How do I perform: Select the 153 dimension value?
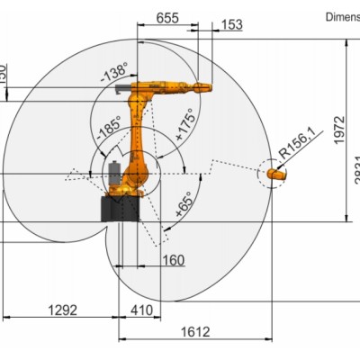point(231,25)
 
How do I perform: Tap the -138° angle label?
point(117,76)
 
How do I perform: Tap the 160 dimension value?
point(174,261)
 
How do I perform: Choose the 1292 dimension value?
point(62,310)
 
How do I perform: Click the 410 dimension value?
point(139,310)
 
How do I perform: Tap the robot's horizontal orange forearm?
point(171,87)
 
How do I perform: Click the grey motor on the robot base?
point(115,174)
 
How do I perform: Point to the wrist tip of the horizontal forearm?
point(206,87)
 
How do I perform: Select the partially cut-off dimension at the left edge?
point(3,70)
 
